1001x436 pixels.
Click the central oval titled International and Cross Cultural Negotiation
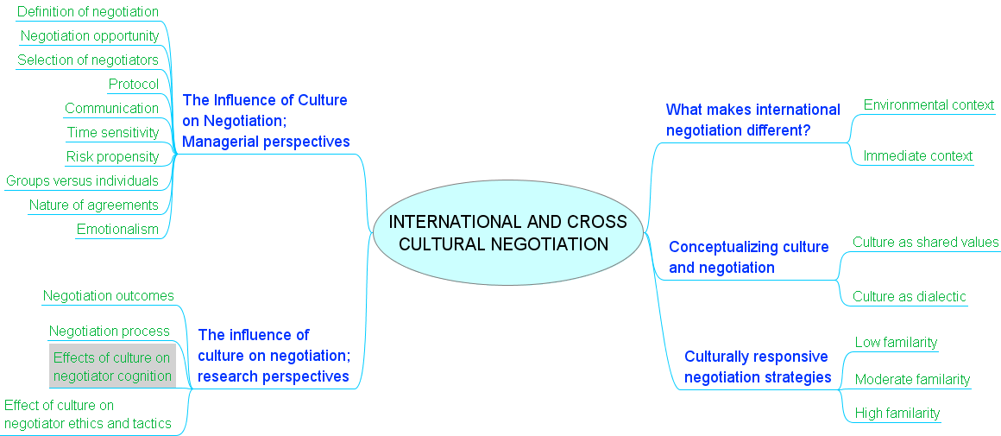(509, 233)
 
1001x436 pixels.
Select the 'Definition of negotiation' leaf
(88, 12)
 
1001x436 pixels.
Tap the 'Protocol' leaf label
(134, 85)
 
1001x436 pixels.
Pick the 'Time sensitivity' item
(113, 133)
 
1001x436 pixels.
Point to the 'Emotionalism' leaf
(118, 230)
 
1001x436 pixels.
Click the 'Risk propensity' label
(113, 157)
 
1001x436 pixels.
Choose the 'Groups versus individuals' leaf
(83, 181)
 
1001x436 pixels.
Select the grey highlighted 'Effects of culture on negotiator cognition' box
(112, 367)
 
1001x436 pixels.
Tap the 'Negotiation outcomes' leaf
(109, 296)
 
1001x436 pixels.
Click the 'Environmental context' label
(929, 105)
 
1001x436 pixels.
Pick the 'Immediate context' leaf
(918, 156)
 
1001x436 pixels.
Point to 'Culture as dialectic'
(910, 297)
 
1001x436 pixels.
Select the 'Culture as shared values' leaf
(926, 243)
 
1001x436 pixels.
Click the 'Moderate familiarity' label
(912, 380)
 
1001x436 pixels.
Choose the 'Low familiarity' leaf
(896, 343)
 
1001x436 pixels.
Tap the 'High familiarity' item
(897, 414)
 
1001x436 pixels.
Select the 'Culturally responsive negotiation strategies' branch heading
(758, 367)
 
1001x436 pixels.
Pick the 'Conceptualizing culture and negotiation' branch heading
(748, 257)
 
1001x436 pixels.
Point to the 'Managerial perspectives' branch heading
(266, 121)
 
